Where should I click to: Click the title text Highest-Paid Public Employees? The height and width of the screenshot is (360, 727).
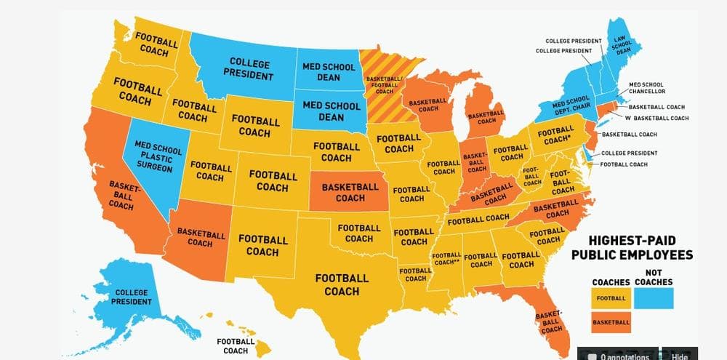coord(632,247)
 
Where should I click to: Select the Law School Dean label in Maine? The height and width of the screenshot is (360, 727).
coord(622,45)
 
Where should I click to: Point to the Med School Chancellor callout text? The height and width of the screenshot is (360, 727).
coord(646,88)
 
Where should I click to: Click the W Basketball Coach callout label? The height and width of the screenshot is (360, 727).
coord(656,118)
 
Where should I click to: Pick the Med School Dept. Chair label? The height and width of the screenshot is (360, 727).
coord(571,104)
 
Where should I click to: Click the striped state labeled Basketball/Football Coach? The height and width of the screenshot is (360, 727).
coord(385,84)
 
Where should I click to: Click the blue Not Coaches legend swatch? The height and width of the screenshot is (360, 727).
coord(654,297)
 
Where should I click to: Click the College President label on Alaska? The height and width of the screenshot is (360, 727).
coord(132,297)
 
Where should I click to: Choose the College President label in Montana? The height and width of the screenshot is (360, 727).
coord(249,69)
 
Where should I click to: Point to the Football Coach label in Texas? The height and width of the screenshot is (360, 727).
coord(342,284)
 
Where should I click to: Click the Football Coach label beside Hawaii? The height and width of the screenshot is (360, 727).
coord(236,345)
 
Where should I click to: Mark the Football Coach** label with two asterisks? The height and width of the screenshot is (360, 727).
coord(446,258)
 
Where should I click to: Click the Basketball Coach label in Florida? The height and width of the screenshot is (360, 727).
coord(550,321)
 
